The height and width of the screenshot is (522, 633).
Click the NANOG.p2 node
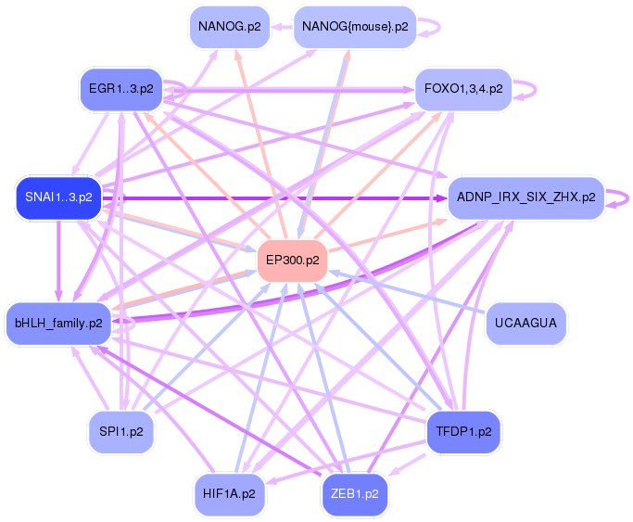coord(229,27)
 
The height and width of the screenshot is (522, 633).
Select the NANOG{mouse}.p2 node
coord(354,27)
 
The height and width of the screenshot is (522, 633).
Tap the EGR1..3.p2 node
coord(120,90)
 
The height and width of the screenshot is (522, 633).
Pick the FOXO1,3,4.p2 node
coord(462,90)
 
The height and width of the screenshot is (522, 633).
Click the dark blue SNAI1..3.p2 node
coord(58,197)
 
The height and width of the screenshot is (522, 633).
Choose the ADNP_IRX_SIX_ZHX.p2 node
coord(525,197)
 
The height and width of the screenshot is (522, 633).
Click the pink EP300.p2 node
coord(294,261)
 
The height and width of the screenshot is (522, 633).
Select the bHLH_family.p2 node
coord(58,323)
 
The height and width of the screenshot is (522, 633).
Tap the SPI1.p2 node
coord(121,431)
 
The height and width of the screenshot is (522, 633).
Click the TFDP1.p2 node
coord(462,431)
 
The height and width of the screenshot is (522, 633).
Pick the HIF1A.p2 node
coord(229,493)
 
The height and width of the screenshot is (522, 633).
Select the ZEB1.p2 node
coord(354,493)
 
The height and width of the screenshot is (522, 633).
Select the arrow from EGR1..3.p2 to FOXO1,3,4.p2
coord(287,90)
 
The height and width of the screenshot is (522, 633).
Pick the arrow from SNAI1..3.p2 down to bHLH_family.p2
coord(58,260)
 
